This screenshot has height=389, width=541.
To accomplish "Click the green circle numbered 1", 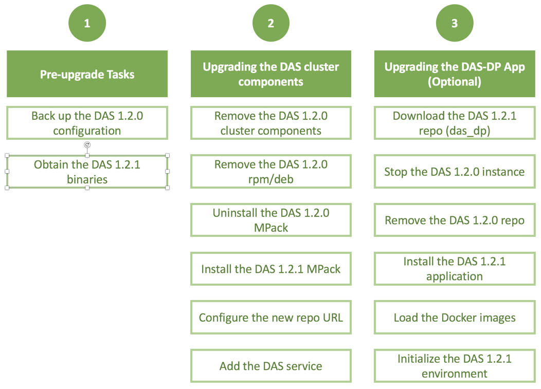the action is click(x=87, y=23).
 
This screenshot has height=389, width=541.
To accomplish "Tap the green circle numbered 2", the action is click(x=271, y=23).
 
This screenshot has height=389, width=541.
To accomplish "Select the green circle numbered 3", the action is click(x=455, y=23).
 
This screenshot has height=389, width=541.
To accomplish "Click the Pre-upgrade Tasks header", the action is click(x=87, y=74).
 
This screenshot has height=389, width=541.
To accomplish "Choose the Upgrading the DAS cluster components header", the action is click(x=271, y=74).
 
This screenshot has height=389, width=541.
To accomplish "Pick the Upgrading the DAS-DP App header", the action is click(x=455, y=74).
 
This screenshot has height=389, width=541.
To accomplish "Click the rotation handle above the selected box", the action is click(x=87, y=145).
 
